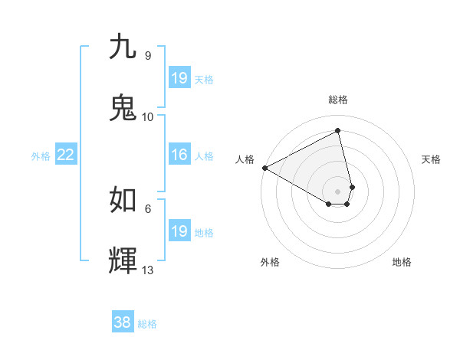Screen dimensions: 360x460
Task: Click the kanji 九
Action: tap(123, 47)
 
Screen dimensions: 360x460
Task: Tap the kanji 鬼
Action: tap(123, 108)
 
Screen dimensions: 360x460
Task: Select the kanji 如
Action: tap(123, 199)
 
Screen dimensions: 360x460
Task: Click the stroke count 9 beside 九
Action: tap(148, 56)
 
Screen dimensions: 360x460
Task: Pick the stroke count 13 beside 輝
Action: tap(148, 270)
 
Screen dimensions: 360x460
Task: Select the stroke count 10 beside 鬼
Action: tap(148, 117)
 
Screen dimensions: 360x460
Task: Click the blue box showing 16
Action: tap(179, 155)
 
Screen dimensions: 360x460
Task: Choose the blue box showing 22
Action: tap(65, 155)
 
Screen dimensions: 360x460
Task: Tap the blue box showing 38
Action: tap(122, 322)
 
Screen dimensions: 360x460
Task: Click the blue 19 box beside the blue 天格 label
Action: tap(179, 78)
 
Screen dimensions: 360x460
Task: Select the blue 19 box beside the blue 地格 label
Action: tap(179, 231)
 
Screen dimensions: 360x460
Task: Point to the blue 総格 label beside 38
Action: tap(147, 324)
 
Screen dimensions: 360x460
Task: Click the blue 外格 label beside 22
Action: tap(41, 156)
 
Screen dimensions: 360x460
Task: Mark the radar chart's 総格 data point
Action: tap(338, 131)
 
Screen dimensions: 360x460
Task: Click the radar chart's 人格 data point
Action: tap(264, 168)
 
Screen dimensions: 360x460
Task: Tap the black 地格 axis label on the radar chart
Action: tap(402, 262)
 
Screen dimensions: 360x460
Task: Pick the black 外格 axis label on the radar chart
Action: tap(270, 262)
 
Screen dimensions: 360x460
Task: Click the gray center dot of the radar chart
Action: tap(338, 191)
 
